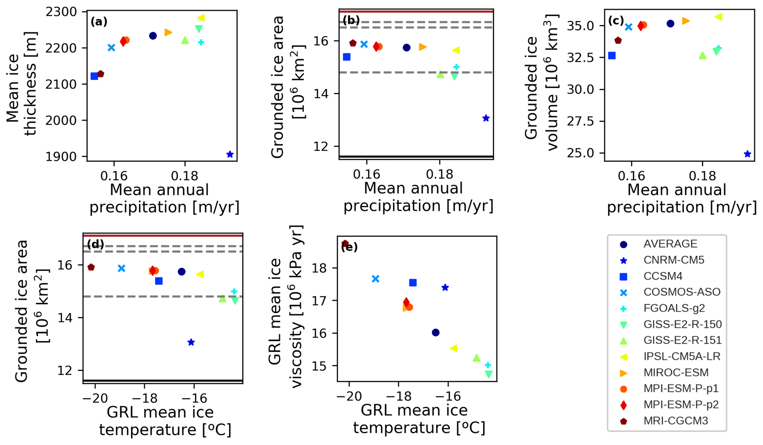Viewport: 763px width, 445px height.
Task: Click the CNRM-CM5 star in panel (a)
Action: [x=230, y=154]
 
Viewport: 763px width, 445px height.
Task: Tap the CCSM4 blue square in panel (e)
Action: [x=413, y=283]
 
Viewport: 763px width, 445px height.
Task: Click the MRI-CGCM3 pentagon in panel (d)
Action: [x=91, y=267]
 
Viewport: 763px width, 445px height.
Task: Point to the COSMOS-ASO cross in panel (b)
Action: [x=364, y=44]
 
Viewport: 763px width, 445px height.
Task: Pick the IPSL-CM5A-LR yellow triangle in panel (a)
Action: [x=201, y=18]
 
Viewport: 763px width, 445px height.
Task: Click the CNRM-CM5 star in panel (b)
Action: [x=486, y=118]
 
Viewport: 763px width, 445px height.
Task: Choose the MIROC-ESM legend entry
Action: [x=676, y=373]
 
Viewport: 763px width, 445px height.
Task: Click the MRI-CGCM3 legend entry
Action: [x=676, y=421]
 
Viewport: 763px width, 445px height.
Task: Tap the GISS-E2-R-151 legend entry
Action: [x=682, y=340]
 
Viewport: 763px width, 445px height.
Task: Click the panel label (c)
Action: [x=616, y=21]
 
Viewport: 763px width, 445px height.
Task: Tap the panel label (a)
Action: [x=99, y=22]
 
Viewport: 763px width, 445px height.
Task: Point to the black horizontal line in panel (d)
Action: [x=163, y=380]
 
